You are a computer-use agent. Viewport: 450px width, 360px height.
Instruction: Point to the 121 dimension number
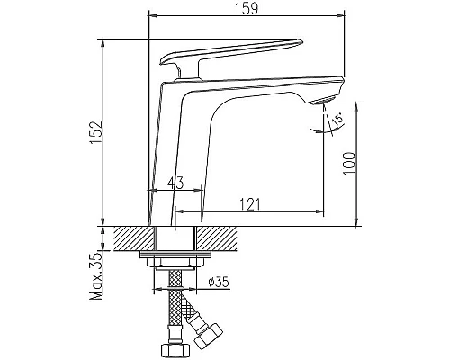pos(253,204)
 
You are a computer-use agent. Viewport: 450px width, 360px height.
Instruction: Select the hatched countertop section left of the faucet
pos(131,239)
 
